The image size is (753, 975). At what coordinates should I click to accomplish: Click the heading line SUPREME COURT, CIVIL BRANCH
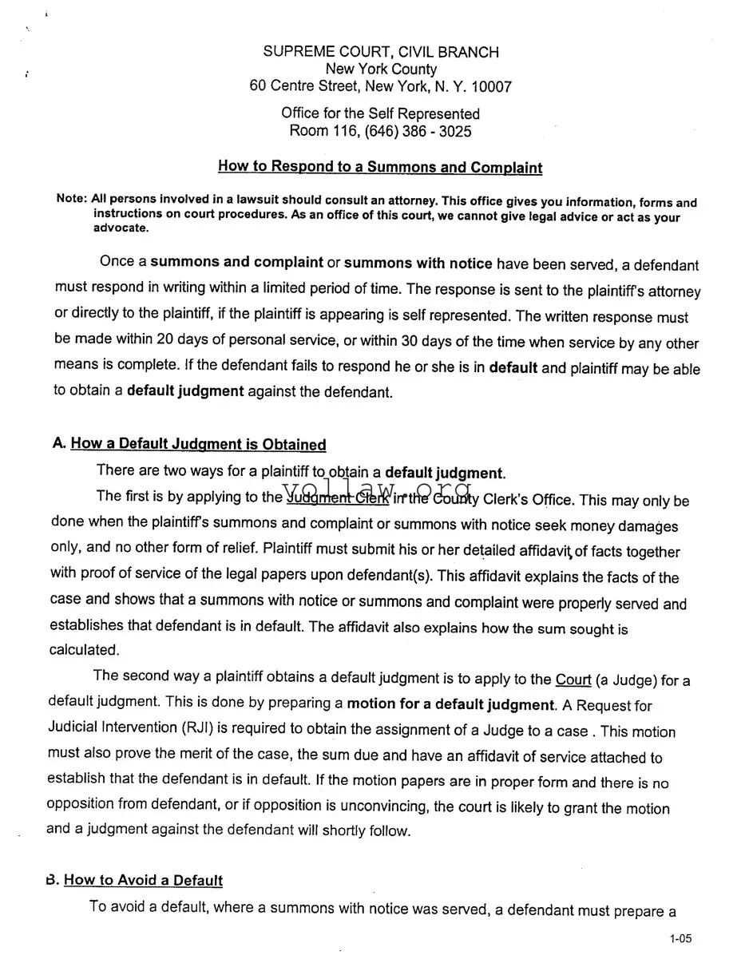tap(381, 52)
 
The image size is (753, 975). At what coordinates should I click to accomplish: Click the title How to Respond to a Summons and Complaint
tap(380, 167)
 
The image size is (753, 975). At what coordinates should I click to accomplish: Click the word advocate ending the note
tap(120, 228)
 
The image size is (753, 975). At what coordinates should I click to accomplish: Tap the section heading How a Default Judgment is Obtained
tap(198, 445)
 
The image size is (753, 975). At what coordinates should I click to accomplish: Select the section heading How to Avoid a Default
tap(143, 880)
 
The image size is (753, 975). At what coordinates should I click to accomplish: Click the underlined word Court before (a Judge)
tap(573, 680)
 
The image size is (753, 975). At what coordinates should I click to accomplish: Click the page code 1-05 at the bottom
tap(680, 939)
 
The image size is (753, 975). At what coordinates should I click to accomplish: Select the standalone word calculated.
tap(85, 649)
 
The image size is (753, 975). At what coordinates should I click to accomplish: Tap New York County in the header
tap(381, 69)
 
